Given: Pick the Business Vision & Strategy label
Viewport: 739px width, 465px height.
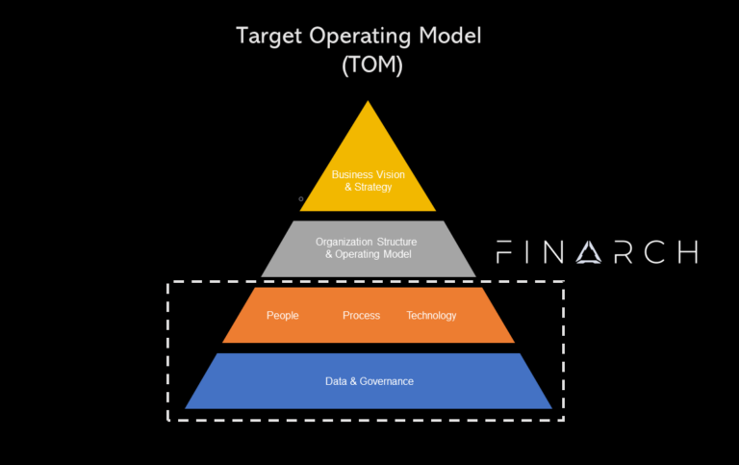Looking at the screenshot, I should [x=369, y=180].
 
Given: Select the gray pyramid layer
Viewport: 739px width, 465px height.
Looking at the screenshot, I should [x=369, y=248].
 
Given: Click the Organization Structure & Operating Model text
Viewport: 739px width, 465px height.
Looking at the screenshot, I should [x=369, y=248].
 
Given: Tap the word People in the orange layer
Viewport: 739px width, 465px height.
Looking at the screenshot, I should [x=283, y=316].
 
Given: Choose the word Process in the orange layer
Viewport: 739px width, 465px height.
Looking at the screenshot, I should [x=361, y=316].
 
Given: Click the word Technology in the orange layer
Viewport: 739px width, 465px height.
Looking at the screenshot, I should [x=431, y=316].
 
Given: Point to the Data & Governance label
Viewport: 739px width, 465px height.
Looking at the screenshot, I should [x=369, y=381].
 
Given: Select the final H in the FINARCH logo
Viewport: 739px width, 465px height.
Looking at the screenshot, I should [x=686, y=252].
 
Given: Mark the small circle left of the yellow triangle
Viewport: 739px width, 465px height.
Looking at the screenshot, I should [x=301, y=199].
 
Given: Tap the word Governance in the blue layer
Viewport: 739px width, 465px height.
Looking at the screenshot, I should [x=387, y=381].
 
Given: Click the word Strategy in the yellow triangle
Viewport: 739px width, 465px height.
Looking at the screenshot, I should [x=372, y=187].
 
